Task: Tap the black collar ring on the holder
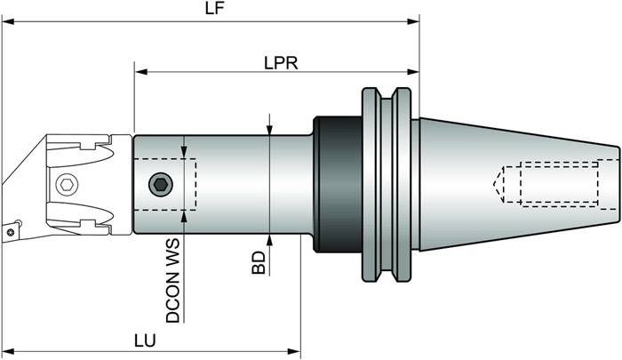click(x=336, y=185)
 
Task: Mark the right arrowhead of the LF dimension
click(x=413, y=20)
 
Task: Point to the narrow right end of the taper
click(x=613, y=184)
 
